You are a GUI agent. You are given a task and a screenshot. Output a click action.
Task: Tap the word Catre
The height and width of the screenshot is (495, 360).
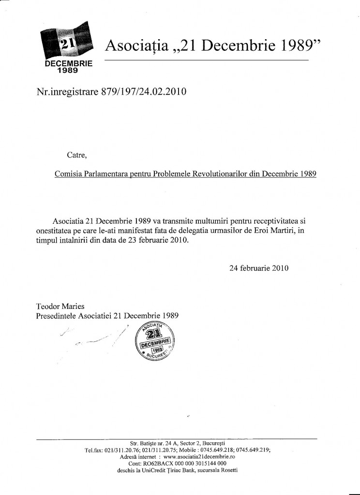[x=77, y=155]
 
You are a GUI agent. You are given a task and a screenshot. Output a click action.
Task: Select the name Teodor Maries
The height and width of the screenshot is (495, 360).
[x=60, y=306]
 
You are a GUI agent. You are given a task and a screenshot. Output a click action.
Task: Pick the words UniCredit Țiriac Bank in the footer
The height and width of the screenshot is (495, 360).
[x=170, y=469]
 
